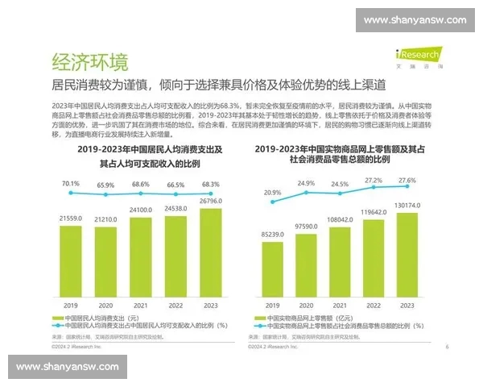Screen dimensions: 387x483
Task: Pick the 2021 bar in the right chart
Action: [x=339, y=260]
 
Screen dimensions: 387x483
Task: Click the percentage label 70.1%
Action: [x=70, y=182]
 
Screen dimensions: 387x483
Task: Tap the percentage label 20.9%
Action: [x=271, y=193]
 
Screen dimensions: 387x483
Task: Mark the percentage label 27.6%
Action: [x=407, y=180]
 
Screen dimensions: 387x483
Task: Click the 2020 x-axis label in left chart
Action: [x=105, y=306]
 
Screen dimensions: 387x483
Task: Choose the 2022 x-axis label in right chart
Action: [x=373, y=306]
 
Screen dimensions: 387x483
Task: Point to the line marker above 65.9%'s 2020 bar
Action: [x=105, y=195]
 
